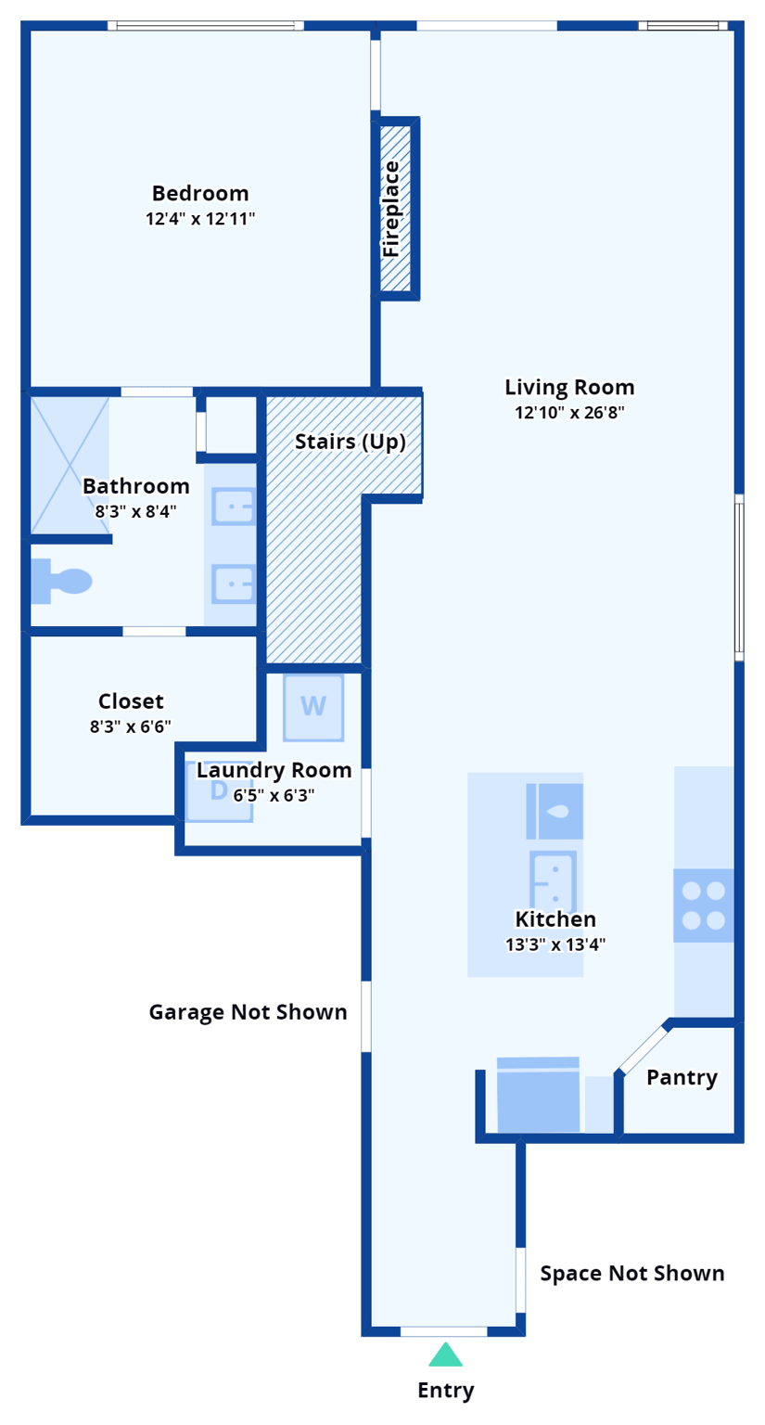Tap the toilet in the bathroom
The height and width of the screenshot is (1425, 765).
[x=63, y=581]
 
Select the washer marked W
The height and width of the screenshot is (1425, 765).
[x=313, y=707]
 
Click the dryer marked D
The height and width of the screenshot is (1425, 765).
[x=219, y=791]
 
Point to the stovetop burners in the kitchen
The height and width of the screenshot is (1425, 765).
[x=703, y=905]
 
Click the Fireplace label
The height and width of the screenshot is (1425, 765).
[x=391, y=209]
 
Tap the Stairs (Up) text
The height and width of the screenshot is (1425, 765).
[x=351, y=442]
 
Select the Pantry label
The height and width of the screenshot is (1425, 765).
[x=682, y=1077]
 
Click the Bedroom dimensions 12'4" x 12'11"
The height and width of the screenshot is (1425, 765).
[x=200, y=219]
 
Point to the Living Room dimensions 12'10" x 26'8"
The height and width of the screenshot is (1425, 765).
[x=569, y=413]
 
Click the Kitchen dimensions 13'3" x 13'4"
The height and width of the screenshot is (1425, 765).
[x=555, y=945]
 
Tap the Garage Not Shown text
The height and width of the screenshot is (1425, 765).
[x=248, y=1011]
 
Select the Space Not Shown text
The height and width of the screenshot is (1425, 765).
[x=631, y=1274]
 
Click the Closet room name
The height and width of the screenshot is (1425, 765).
[x=131, y=701]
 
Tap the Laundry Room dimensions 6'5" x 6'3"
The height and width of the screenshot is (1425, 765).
[x=274, y=795]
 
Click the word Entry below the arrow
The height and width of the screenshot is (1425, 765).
[x=446, y=1390]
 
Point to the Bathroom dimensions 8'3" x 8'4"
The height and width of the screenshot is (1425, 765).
[x=135, y=510]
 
